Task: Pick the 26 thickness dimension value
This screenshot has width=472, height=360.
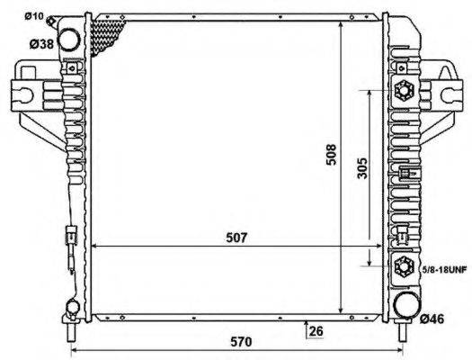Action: point(315,330)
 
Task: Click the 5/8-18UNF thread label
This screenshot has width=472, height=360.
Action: point(443,268)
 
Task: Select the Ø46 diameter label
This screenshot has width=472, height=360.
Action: point(433,318)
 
